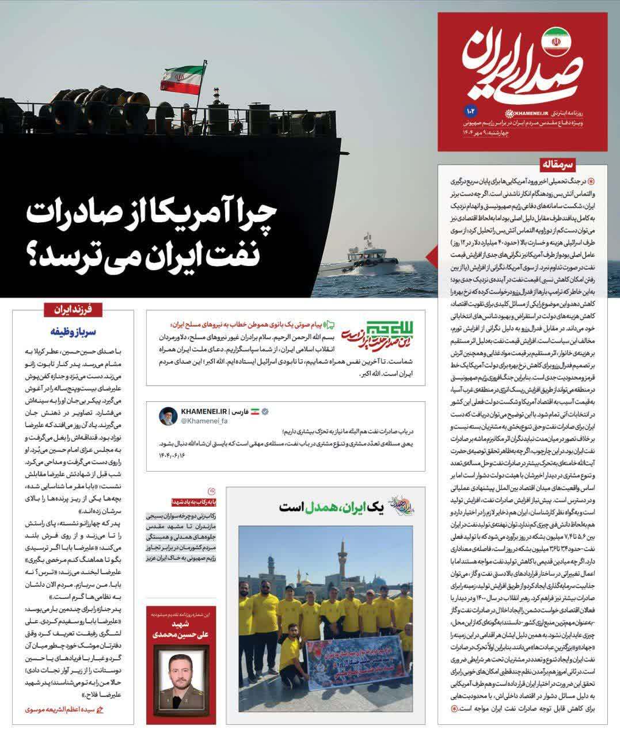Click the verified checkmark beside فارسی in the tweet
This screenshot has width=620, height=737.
pyautogui.click(x=265, y=412)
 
